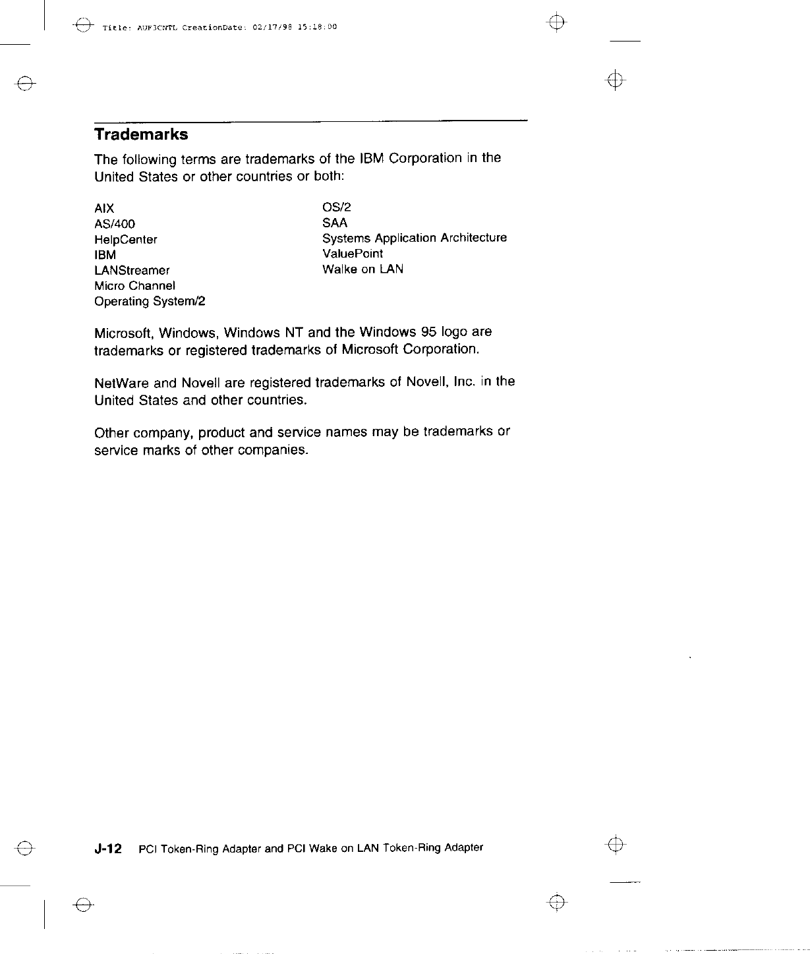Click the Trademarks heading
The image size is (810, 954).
(x=141, y=134)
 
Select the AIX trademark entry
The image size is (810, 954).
(x=104, y=209)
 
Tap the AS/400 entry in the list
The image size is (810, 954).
(x=115, y=224)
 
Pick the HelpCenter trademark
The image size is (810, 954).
(x=126, y=240)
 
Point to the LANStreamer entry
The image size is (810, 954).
(x=132, y=270)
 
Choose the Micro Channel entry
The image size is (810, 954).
(x=134, y=286)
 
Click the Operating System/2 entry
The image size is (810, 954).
(x=150, y=302)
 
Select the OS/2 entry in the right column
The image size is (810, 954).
(x=337, y=208)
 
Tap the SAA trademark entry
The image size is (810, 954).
(x=335, y=223)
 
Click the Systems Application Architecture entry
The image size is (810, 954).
(x=415, y=238)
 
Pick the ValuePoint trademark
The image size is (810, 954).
(x=353, y=254)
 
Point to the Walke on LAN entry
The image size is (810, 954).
(x=362, y=269)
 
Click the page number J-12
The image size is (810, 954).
(x=108, y=849)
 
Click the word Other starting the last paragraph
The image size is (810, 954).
(x=111, y=433)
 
